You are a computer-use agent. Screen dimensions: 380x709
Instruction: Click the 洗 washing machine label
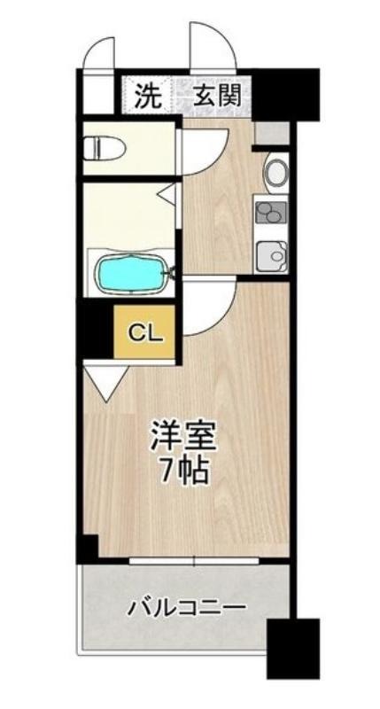coord(149,96)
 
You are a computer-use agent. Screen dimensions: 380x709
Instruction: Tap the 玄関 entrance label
coord(217,96)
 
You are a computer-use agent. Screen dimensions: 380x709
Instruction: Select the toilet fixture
coord(104,147)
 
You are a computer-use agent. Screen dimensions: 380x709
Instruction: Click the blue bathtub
coord(129,274)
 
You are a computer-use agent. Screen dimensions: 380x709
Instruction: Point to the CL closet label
coord(144,334)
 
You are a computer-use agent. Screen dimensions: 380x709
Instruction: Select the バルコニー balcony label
coord(187,606)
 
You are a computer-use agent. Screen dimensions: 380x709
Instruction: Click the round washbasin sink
coord(276,172)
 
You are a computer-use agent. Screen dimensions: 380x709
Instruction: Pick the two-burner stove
coord(271,212)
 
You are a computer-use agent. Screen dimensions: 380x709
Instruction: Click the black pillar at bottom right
coord(293,649)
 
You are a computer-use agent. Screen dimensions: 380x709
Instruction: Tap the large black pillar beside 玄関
coord(285,94)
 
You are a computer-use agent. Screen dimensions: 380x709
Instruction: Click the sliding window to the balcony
coord(193,561)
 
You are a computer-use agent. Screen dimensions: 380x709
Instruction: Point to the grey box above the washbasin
coord(271,133)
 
